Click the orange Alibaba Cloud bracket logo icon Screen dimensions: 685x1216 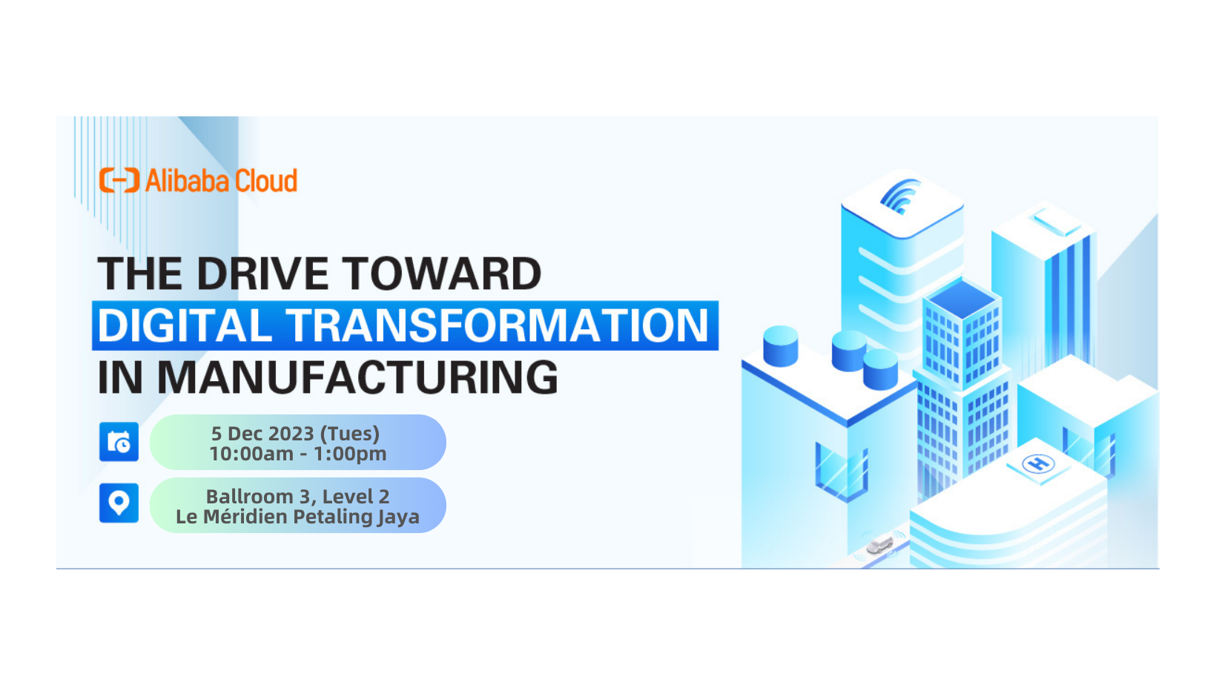119,180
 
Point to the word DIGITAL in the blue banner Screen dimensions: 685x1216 184,325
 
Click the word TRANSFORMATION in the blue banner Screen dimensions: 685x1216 498,325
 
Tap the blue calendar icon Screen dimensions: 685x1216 119,442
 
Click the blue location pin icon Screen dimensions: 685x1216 119,503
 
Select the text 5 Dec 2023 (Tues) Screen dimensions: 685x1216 295,433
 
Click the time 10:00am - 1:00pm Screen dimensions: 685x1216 297,454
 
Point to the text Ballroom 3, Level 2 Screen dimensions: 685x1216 297,496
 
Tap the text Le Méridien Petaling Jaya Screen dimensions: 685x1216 297,517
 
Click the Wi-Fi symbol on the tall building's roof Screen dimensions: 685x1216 900,196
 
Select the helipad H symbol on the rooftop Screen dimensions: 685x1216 1038,464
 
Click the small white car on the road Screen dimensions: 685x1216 879,546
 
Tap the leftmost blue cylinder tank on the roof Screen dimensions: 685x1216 780,345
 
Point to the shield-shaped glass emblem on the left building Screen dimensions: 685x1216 841,471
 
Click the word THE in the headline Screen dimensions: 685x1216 140,274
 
